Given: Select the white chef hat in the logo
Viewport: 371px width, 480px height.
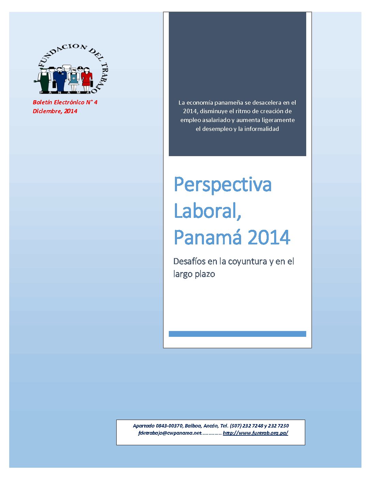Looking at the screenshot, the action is click(66, 67).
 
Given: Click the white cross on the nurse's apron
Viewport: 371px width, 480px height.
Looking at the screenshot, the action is click(74, 78).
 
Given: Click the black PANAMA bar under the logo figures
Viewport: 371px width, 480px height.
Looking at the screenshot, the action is click(65, 92).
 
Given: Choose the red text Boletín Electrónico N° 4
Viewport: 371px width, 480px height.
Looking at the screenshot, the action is click(65, 102).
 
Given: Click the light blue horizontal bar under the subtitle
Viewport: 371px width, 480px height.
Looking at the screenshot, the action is click(237, 334).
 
